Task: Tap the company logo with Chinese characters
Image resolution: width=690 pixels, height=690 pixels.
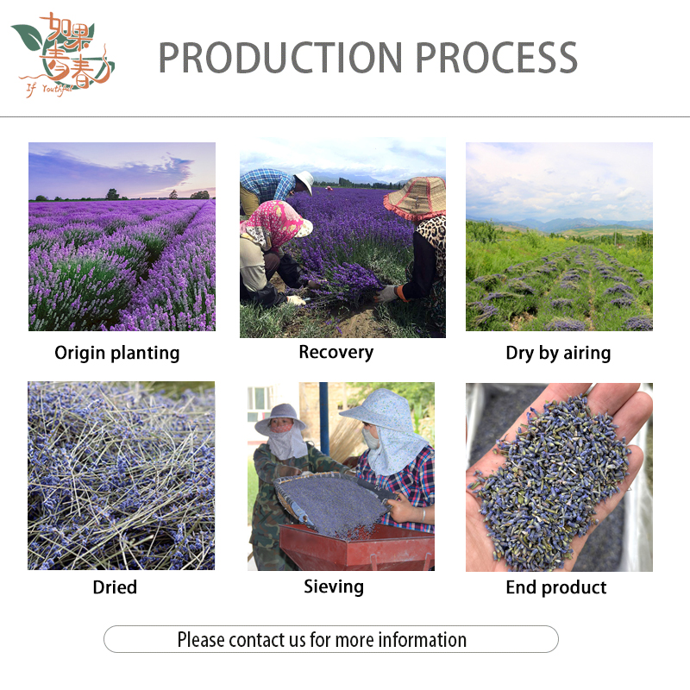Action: click(62, 55)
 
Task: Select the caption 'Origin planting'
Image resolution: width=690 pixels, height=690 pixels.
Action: click(117, 353)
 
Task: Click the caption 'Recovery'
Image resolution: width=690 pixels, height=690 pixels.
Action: click(336, 352)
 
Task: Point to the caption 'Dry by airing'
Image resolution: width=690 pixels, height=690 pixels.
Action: click(558, 353)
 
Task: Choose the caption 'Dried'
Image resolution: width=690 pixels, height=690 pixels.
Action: click(115, 587)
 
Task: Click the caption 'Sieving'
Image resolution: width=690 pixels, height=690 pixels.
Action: click(334, 586)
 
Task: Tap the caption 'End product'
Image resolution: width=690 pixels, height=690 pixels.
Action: click(556, 587)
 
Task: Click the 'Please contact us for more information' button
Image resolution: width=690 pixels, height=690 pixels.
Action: click(331, 639)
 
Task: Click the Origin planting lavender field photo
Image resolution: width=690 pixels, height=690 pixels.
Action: click(122, 236)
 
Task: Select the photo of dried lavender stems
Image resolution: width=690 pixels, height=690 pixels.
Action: click(122, 475)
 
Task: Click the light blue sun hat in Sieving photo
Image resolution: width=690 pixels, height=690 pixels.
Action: click(384, 412)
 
